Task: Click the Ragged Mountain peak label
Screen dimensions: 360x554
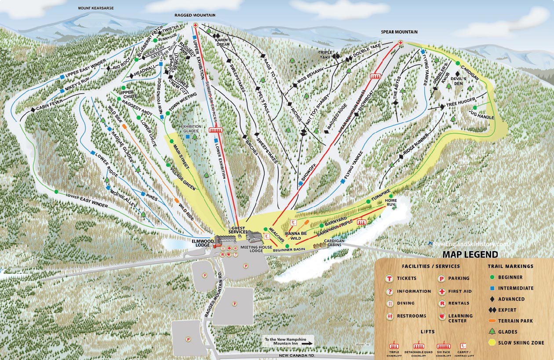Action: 195,15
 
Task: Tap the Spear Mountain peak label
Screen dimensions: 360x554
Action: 399,32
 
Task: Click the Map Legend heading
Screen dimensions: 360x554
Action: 470,255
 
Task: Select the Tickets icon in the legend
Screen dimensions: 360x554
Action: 389,278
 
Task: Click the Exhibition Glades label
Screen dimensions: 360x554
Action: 192,129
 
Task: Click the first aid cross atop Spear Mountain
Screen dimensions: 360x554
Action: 401,43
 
